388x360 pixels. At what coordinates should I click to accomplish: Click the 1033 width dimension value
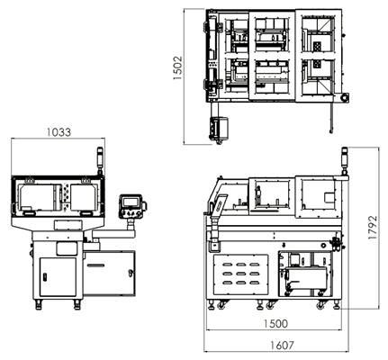(x=59, y=132)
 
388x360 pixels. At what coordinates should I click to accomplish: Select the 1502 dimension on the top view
(x=177, y=67)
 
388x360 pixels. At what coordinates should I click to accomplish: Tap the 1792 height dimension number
(x=373, y=228)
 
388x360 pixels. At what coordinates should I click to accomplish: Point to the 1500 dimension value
(x=275, y=324)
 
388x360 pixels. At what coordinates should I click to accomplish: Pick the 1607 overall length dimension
(x=282, y=346)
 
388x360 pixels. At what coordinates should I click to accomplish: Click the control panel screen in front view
(x=129, y=202)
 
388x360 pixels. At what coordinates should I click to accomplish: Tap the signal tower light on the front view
(x=100, y=160)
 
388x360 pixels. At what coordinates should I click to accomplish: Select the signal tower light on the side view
(x=345, y=160)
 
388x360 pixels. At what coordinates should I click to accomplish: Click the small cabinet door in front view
(x=58, y=277)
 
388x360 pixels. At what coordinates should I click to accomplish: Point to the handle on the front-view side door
(x=131, y=273)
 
